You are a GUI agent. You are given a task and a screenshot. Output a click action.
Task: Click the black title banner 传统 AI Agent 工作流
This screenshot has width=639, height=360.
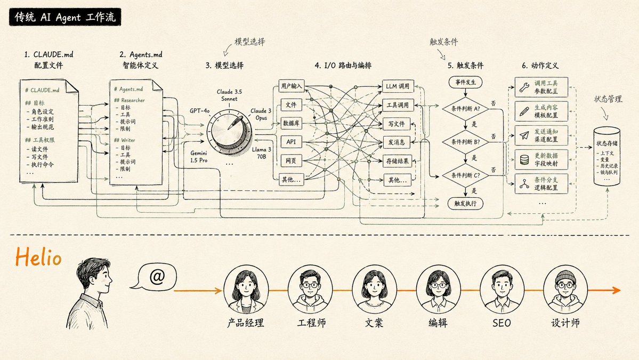[x=65, y=17]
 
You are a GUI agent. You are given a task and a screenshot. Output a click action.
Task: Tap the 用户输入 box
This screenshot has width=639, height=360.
[x=292, y=86]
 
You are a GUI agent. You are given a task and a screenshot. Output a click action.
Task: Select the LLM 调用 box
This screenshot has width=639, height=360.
[x=398, y=86]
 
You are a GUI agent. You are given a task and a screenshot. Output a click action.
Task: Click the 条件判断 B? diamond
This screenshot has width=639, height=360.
[x=465, y=142]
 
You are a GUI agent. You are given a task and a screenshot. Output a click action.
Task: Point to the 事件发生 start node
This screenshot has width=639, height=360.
[x=465, y=82]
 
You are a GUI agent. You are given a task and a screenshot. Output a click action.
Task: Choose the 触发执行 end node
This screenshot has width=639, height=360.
[x=465, y=203]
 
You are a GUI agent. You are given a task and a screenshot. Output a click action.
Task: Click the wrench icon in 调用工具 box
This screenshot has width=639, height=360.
[x=524, y=87]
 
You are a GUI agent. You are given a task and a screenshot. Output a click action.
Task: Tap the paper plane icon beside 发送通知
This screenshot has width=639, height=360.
[x=524, y=135]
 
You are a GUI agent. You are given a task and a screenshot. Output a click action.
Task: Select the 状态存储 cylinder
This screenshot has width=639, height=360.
[x=607, y=156]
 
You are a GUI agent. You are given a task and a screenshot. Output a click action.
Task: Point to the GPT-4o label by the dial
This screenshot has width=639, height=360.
[x=200, y=111]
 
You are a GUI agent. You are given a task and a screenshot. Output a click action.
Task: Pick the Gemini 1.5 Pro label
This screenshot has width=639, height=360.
[x=199, y=157]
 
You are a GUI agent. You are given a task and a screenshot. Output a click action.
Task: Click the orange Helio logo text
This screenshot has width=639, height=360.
[x=38, y=257]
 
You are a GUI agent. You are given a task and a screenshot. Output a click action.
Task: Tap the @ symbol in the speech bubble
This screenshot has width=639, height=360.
[x=157, y=277]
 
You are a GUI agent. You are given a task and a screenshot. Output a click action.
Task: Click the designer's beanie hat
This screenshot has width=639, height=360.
[x=565, y=276]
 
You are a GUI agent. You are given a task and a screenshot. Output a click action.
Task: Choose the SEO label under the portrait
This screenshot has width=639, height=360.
[x=502, y=323]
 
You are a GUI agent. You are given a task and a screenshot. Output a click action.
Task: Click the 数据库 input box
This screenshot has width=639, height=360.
[x=292, y=123]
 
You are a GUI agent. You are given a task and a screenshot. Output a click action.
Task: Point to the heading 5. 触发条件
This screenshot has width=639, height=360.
[x=465, y=65]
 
